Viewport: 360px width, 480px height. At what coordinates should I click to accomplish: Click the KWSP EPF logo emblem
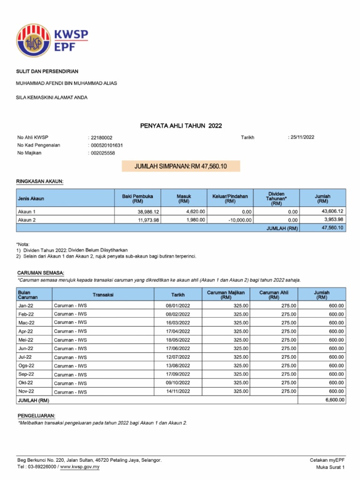[x=33, y=40]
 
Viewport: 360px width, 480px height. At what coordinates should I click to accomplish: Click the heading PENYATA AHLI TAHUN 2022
[x=181, y=126]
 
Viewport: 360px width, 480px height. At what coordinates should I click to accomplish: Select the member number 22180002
[x=101, y=137]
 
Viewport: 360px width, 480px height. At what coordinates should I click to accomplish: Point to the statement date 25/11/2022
[x=302, y=137]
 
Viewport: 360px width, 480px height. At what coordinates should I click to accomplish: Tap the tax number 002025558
[x=103, y=153]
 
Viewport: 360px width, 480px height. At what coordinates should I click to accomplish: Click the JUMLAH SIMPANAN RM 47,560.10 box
[x=180, y=166]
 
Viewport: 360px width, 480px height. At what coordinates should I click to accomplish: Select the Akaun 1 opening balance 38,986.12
[x=146, y=211]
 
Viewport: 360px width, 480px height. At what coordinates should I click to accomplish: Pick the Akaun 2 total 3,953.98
[x=333, y=219]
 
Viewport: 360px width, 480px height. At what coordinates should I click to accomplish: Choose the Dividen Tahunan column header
[x=276, y=198]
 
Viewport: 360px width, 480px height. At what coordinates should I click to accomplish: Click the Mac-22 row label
[x=26, y=323]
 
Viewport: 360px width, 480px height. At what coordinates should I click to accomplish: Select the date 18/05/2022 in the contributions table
[x=178, y=340]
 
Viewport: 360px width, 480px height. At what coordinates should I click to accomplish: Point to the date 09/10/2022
[x=178, y=382]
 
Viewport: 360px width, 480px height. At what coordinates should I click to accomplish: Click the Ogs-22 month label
[x=26, y=366]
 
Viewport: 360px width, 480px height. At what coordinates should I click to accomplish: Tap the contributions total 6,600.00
[x=334, y=400]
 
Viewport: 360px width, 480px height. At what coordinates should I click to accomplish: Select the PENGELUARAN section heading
[x=36, y=416]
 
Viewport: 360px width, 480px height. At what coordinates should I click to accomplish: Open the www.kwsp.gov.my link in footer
[x=79, y=467]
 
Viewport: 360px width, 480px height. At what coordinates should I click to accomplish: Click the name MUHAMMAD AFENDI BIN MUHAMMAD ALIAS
[x=67, y=83]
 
